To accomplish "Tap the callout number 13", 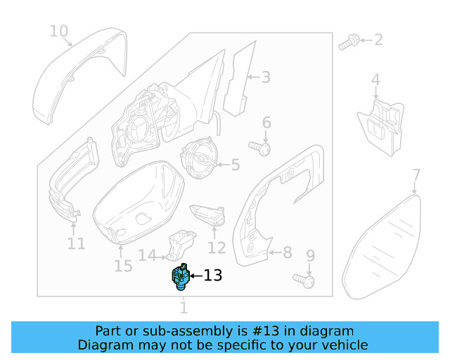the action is coord(213,276).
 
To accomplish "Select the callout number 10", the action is coord(59,31).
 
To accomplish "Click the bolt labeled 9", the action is coord(306,281).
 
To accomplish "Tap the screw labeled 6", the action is coord(262,149).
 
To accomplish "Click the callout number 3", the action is coord(265,77).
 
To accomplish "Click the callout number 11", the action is coord(76,244).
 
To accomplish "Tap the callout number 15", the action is coord(123,266).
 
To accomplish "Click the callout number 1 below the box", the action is coord(184,307).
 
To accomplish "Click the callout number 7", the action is coord(416,175).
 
